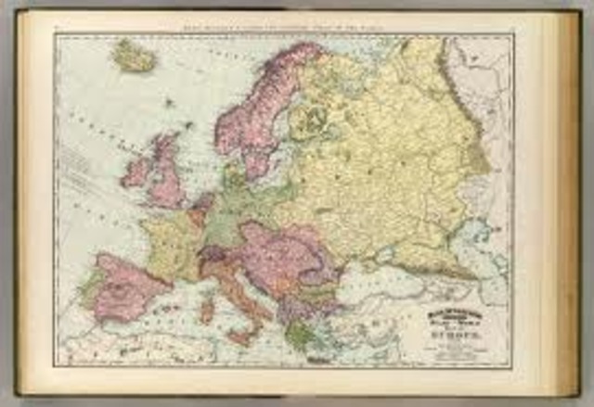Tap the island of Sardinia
[207, 306]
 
